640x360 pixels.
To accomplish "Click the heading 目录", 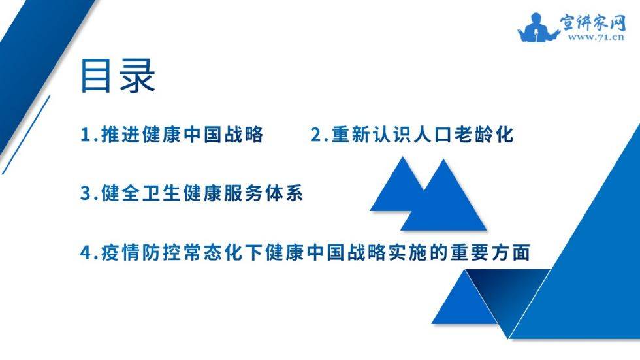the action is pos(118,76).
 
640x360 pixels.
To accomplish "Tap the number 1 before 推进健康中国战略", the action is pos(86,135).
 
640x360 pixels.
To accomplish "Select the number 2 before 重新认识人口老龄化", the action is pos(316,135).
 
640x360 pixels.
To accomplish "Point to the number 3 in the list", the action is pos(86,193).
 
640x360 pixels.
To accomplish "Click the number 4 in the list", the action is pos(86,253).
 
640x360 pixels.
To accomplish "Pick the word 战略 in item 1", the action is pos(244,135).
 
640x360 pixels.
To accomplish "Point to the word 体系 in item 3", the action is pos(284,193).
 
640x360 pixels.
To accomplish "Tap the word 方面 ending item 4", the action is pos(510,252).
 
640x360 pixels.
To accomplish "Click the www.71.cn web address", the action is pos(596,37).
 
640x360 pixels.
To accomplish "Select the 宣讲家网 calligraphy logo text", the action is pos(592,23).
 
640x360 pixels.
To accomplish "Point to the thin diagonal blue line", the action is pos(25,135).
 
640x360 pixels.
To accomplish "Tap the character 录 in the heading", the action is pos(137,76).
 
